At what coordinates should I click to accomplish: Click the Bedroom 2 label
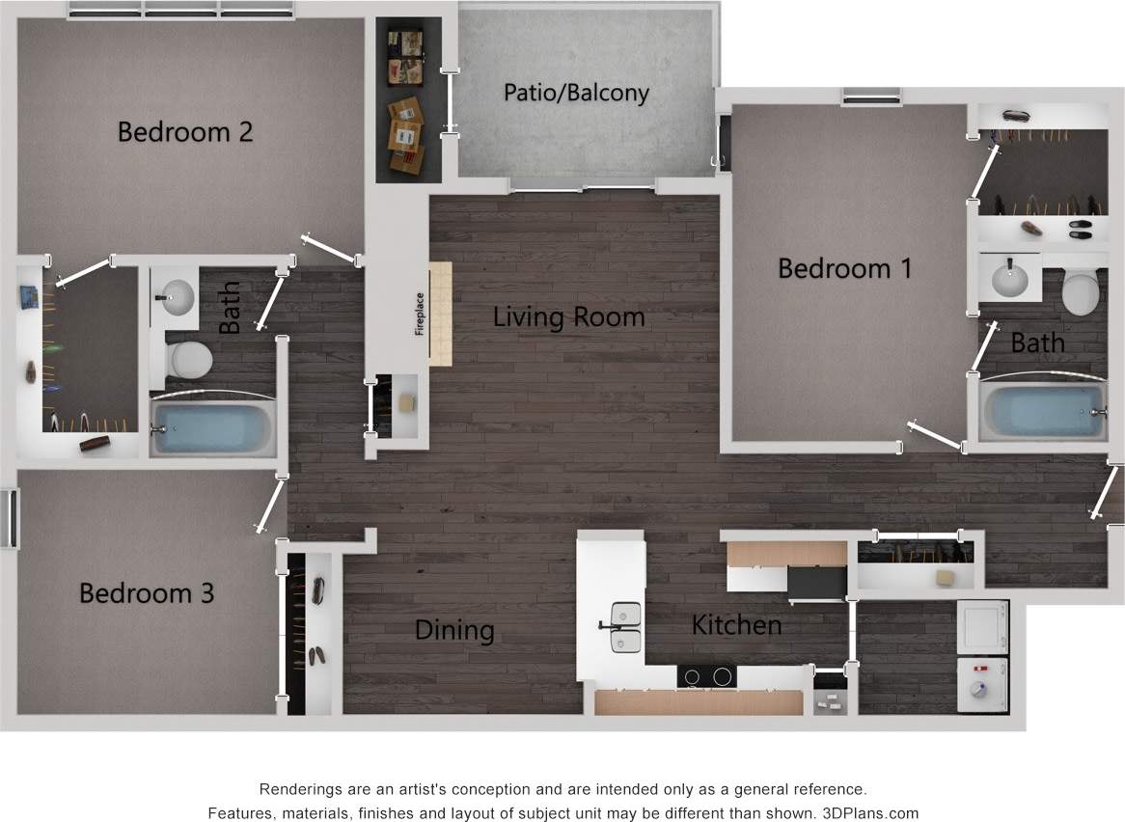185,131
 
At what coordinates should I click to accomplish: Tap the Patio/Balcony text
576,93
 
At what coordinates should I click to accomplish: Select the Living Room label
568,316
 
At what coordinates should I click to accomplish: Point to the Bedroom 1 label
844,268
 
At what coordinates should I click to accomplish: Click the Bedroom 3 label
147,592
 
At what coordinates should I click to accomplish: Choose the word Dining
454,630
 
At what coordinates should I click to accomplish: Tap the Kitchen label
736,625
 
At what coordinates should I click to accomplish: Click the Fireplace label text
420,314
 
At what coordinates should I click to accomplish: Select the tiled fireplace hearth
440,313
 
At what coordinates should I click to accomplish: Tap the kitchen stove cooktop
706,676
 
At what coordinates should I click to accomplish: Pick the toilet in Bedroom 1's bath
1081,292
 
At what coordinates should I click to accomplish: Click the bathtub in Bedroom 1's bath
1043,411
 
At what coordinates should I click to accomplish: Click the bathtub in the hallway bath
213,427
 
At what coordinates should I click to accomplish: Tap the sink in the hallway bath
177,296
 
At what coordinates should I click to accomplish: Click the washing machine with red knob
982,685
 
